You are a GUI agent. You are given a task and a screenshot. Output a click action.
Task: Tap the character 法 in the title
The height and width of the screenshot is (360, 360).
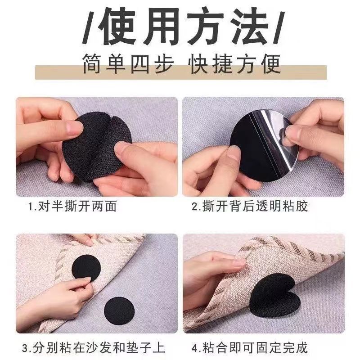[x=250, y=26]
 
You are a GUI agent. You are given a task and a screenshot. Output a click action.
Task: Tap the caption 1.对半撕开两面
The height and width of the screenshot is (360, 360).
[x=72, y=206]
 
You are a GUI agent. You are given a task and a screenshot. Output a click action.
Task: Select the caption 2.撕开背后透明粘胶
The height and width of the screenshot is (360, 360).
[x=250, y=206]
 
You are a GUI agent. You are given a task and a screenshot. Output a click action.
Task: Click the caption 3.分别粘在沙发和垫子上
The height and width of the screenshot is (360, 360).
[x=94, y=347]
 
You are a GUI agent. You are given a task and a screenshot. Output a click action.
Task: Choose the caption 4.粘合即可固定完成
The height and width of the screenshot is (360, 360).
[x=250, y=347]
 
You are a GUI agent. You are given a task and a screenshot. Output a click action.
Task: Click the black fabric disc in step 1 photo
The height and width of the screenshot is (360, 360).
[x=96, y=147]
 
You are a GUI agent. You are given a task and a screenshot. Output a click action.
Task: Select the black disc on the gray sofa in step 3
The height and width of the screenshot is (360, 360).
[x=119, y=311]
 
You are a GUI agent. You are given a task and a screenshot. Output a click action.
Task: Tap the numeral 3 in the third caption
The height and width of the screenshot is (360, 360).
[x=25, y=348]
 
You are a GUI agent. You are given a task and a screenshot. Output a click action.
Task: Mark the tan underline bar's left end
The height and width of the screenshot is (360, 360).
[x=36, y=72]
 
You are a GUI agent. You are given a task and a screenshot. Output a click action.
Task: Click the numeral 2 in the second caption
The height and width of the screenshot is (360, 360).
[x=195, y=206]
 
